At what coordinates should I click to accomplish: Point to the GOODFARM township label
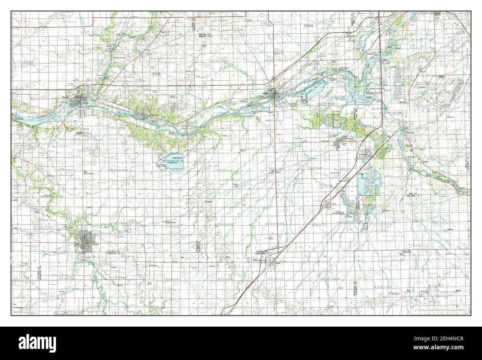(275, 225)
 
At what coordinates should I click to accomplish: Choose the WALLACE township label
(59, 61)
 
